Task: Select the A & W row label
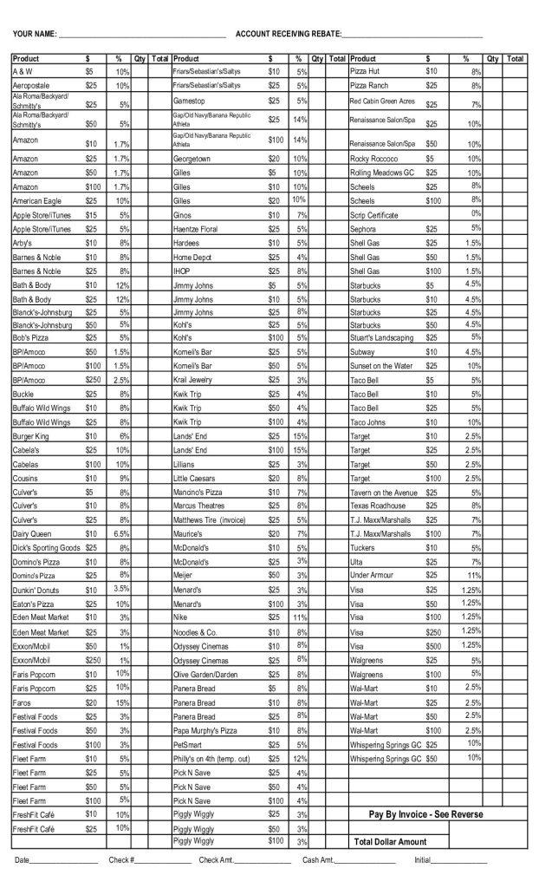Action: click(x=23, y=71)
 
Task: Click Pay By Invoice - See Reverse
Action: click(x=425, y=814)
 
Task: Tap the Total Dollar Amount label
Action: click(x=391, y=842)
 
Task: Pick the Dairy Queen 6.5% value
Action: click(x=121, y=533)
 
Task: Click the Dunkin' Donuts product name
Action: click(x=36, y=590)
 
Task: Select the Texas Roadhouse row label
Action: click(x=378, y=505)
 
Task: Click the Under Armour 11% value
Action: click(x=474, y=575)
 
